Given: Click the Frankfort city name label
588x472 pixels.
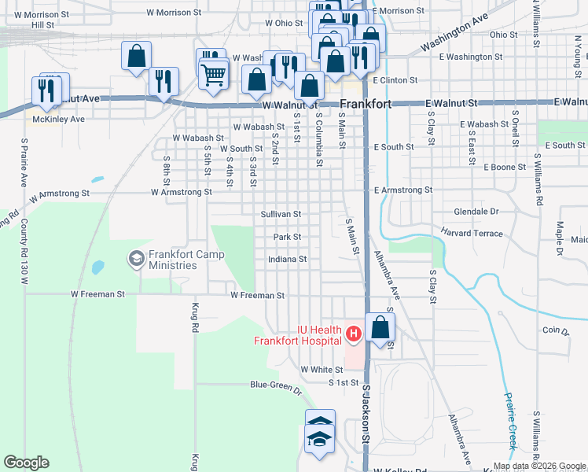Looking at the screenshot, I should pos(369,104).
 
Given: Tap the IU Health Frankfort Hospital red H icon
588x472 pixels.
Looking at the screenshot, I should pos(353,334).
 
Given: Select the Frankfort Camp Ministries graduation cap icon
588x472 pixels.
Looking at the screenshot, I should pos(136,257).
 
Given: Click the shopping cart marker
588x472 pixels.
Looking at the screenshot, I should pos(214,76).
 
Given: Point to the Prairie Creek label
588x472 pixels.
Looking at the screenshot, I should pos(511,420).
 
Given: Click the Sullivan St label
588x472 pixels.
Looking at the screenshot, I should pos(281,214).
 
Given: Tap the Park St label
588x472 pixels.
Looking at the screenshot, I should pos(287,236).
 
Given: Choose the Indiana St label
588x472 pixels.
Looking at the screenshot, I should pos(286,259).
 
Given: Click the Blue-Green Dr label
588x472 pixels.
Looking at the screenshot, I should pos(275,386).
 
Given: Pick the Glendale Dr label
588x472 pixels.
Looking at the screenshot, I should pos(476,212).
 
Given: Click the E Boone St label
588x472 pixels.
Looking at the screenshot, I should pos(504,167).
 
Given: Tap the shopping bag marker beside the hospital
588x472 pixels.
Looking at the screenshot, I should pos(380,327).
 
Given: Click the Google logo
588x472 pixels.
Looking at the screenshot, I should pos(26,463).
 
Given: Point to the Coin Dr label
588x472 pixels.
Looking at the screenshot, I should pos(555,331).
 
